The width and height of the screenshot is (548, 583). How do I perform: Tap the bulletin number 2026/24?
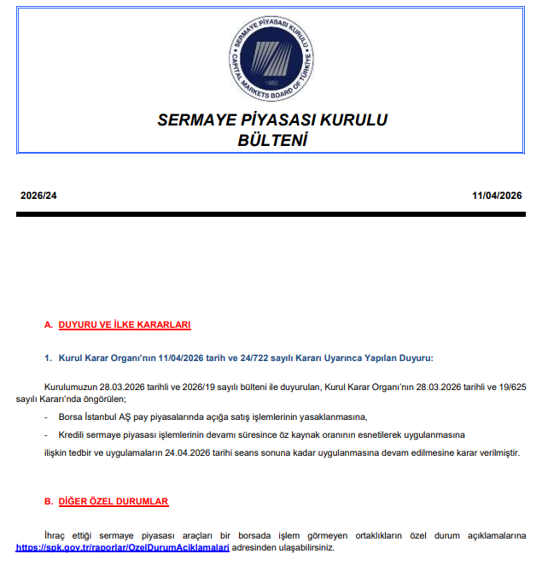tap(38, 195)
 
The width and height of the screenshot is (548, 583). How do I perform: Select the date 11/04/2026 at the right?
tap(497, 195)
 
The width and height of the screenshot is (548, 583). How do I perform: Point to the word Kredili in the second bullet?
tap(72, 434)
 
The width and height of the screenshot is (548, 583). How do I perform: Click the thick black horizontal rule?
tap(273, 213)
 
